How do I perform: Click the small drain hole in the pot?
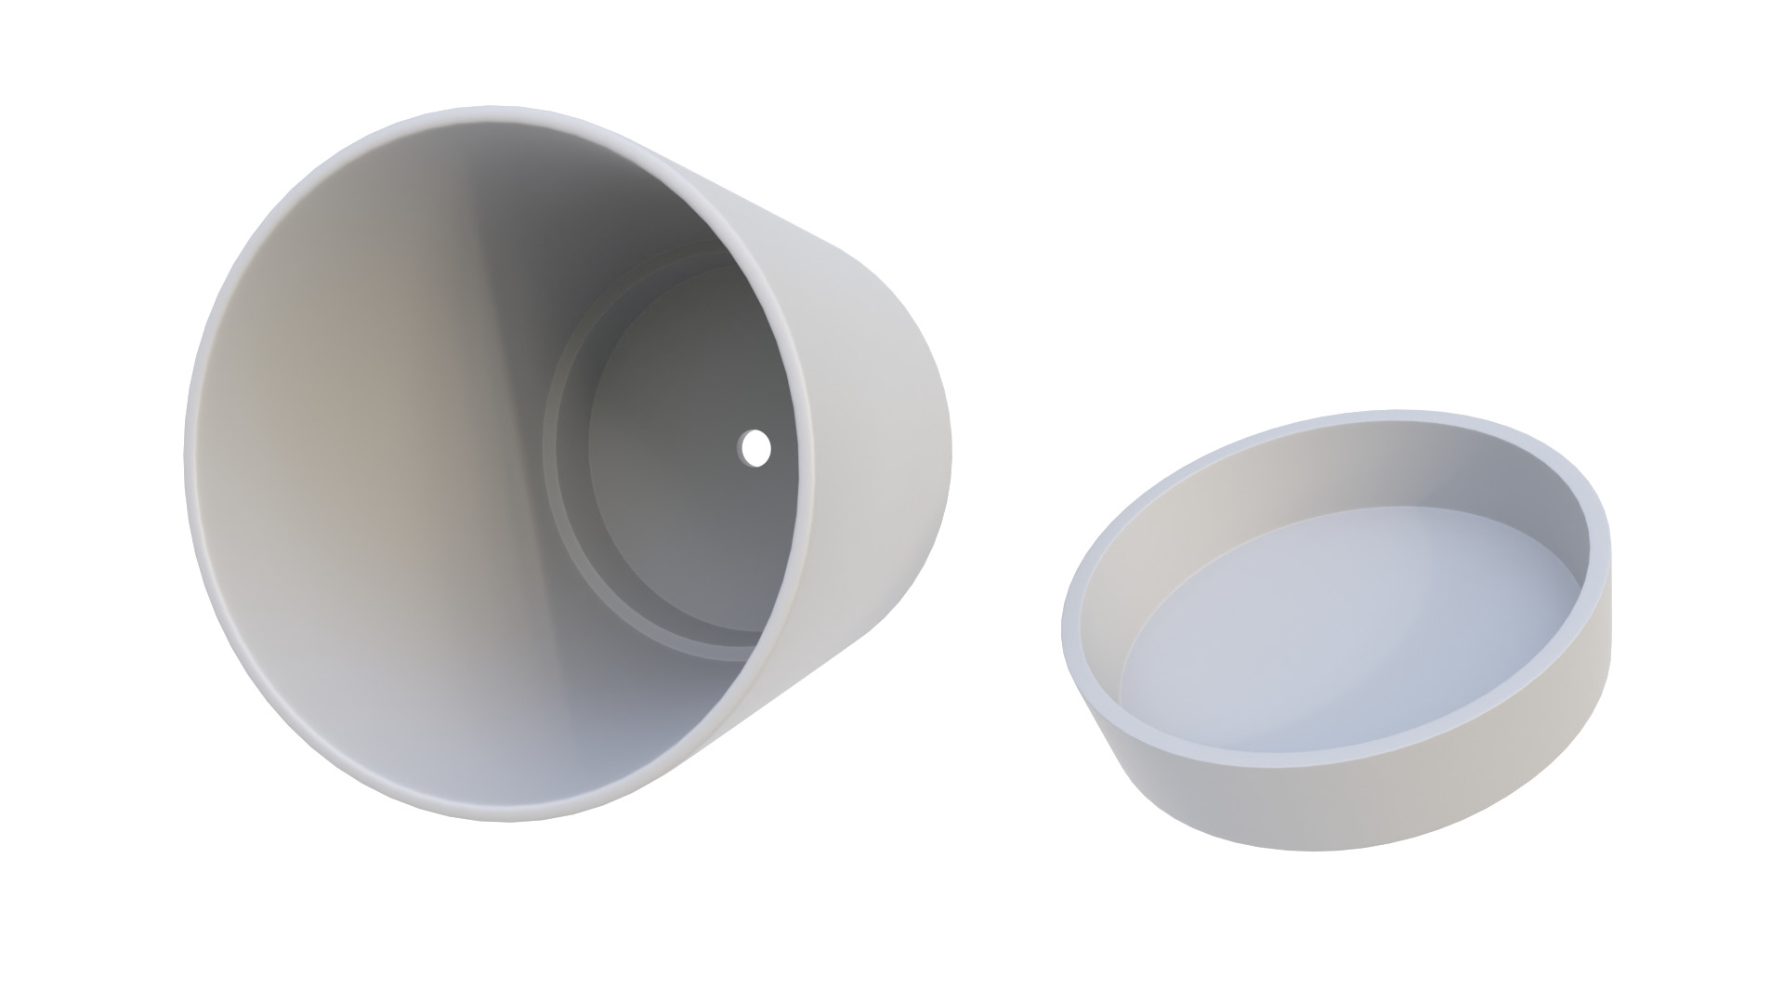point(756,448)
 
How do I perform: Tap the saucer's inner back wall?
point(1319,474)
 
